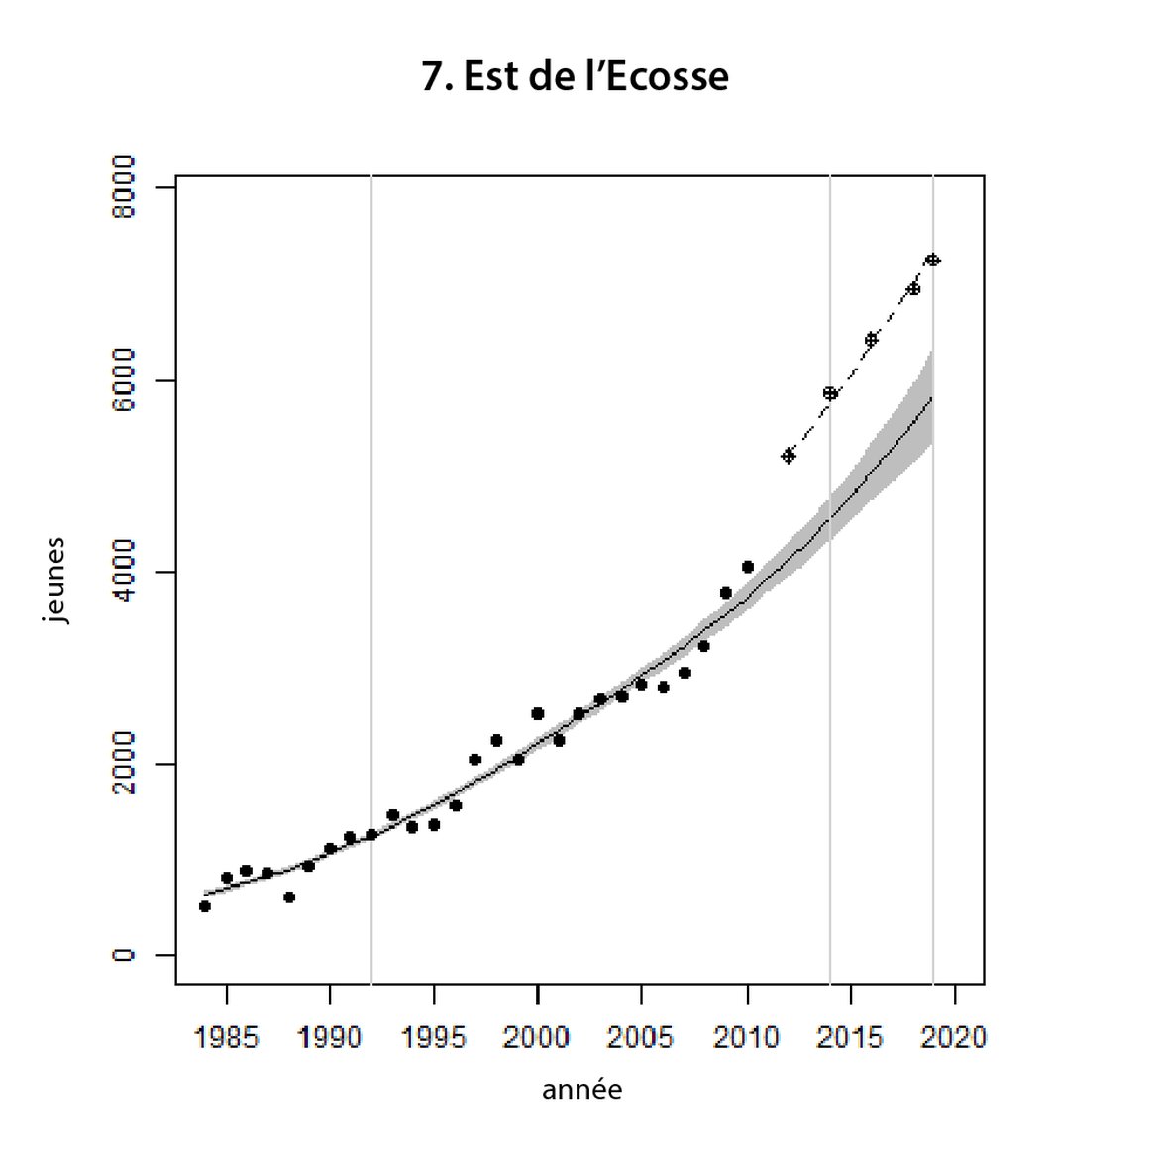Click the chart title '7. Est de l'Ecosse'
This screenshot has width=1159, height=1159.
coord(576,77)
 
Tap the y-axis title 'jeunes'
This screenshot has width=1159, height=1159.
coord(56,579)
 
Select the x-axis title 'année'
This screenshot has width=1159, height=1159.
coord(581,1090)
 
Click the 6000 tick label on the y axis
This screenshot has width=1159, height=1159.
coord(124,380)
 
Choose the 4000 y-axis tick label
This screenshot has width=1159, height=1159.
coord(124,572)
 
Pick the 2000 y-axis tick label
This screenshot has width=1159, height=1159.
coord(124,764)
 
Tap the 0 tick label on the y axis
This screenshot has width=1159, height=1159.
coord(124,955)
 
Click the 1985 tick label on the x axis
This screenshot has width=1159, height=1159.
coord(227,1037)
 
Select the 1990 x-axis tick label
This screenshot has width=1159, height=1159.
coord(330,1037)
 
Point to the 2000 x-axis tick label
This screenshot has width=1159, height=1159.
coord(537,1037)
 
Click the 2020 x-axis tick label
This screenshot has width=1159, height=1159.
coord(953,1037)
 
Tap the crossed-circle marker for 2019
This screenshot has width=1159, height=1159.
coord(932,260)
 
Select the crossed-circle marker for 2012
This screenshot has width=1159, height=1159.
coord(789,456)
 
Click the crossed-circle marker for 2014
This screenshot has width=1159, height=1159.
coord(830,393)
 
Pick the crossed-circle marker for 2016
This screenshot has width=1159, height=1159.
coord(872,339)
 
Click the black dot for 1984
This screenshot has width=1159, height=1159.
coord(205,906)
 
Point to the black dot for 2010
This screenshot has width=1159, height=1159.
coord(747,567)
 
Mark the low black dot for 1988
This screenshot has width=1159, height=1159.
coord(289,896)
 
